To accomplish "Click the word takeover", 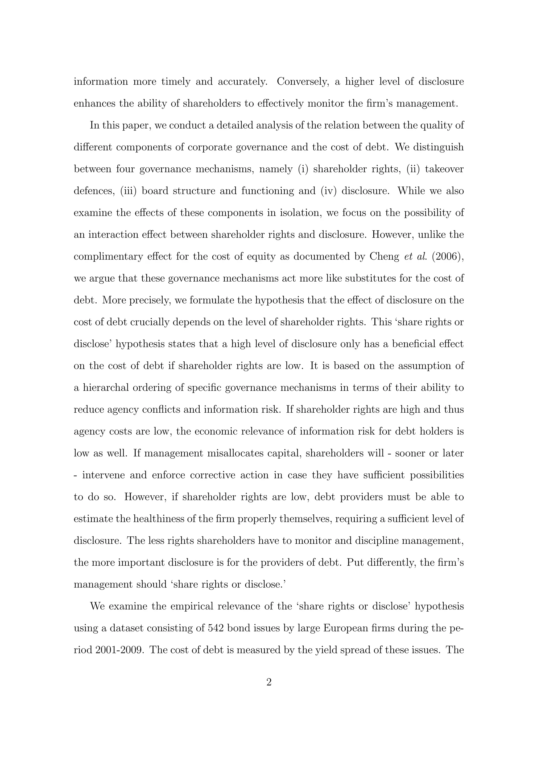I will (444, 169).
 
